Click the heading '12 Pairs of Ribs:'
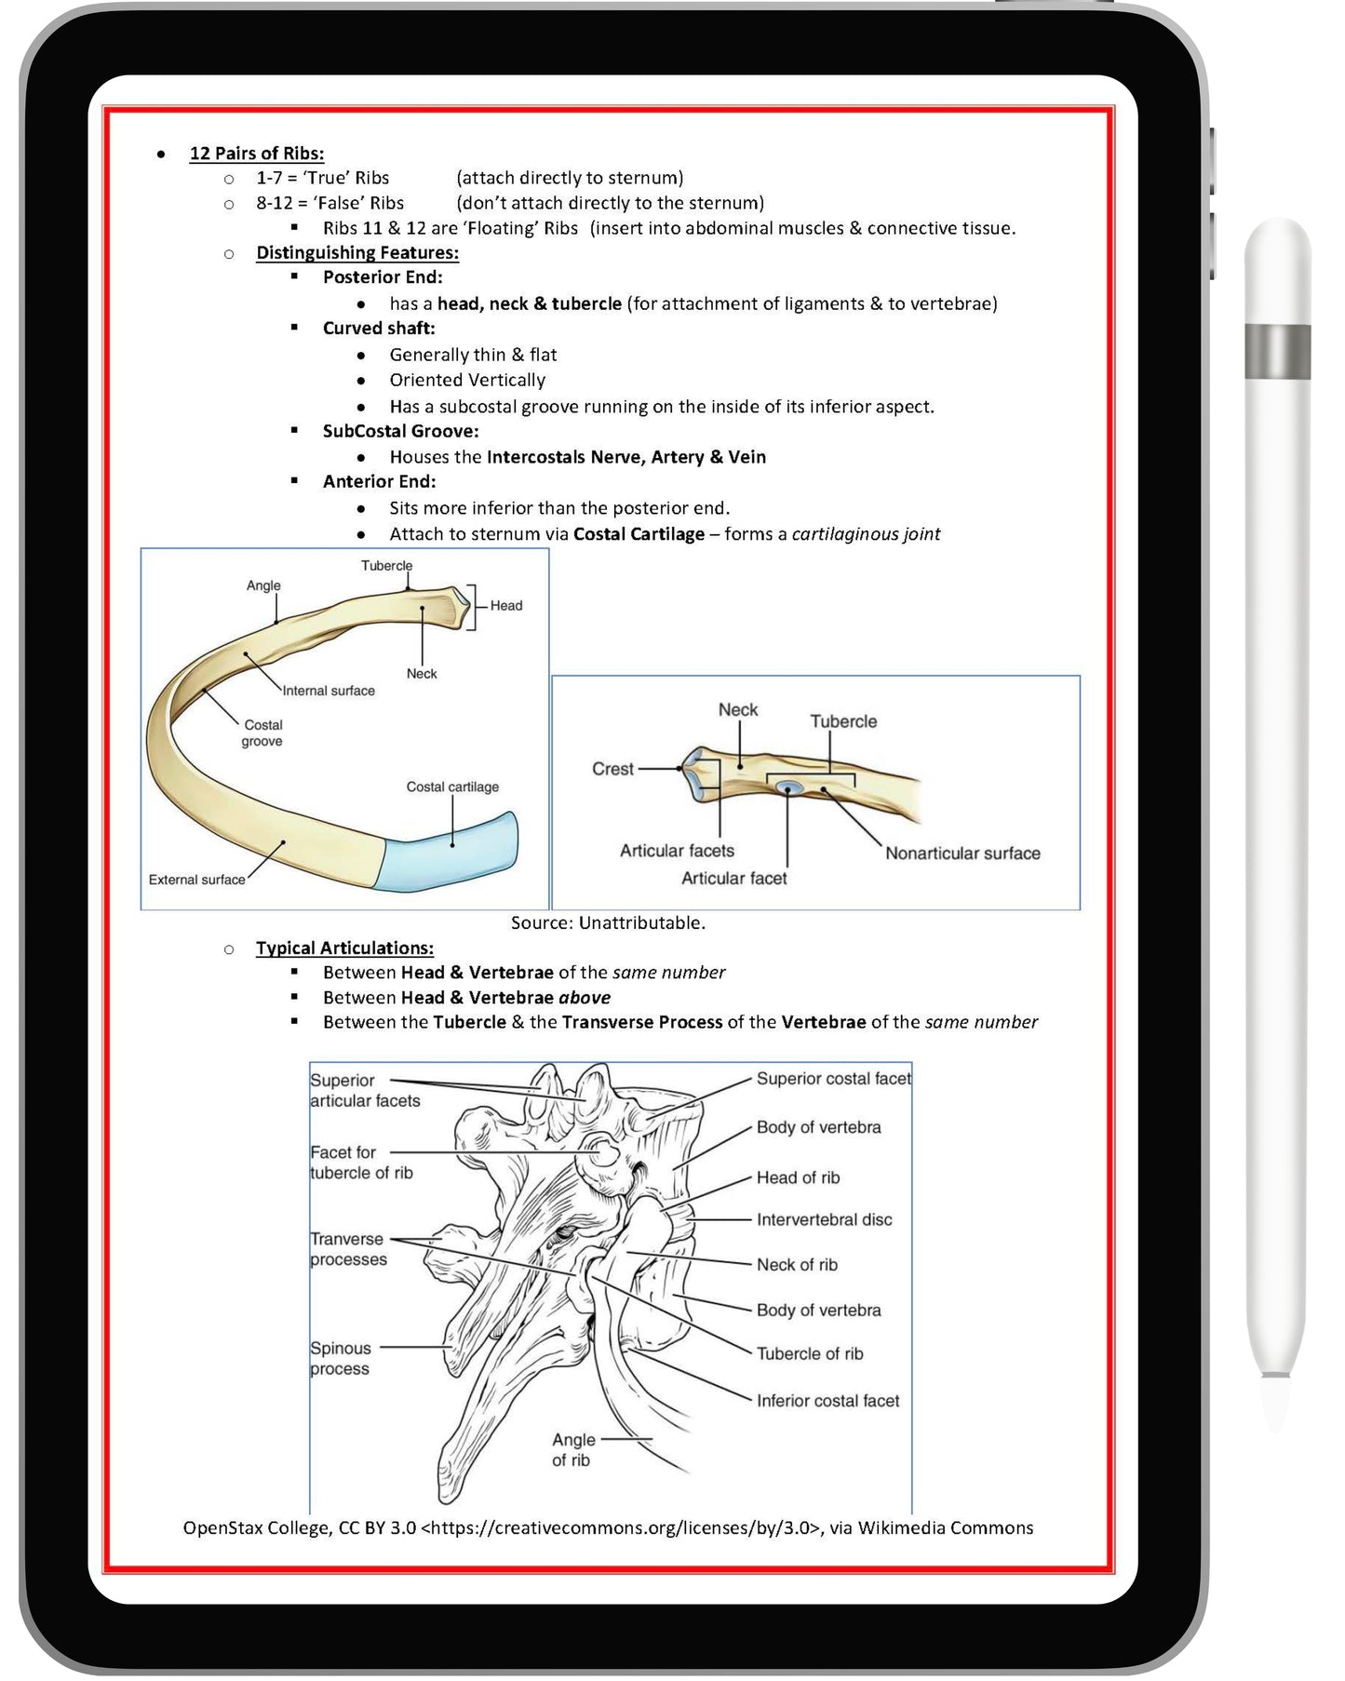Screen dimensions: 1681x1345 (x=256, y=154)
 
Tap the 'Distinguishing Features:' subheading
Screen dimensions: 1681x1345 (x=356, y=252)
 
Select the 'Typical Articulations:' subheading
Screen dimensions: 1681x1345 (x=344, y=948)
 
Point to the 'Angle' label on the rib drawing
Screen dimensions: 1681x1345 (x=263, y=585)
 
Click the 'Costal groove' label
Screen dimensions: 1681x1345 (x=262, y=733)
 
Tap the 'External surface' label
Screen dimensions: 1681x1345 (x=196, y=880)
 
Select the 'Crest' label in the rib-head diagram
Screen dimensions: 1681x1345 (x=612, y=769)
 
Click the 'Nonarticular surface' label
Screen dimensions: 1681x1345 (x=962, y=853)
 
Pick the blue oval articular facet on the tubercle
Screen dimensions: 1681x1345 (x=789, y=788)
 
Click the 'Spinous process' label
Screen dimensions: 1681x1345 (x=340, y=1358)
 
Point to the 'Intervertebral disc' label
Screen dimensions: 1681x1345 (x=824, y=1219)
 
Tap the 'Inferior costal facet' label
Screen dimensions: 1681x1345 (x=827, y=1400)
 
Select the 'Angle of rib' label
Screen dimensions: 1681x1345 (x=572, y=1449)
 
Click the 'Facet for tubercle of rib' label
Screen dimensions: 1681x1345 (x=360, y=1163)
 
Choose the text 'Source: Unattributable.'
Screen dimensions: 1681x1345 (x=608, y=922)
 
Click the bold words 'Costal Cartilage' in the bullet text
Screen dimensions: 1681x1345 (x=639, y=534)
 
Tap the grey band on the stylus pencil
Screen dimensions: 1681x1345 (x=1277, y=351)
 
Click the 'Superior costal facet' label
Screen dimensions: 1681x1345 (x=833, y=1079)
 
